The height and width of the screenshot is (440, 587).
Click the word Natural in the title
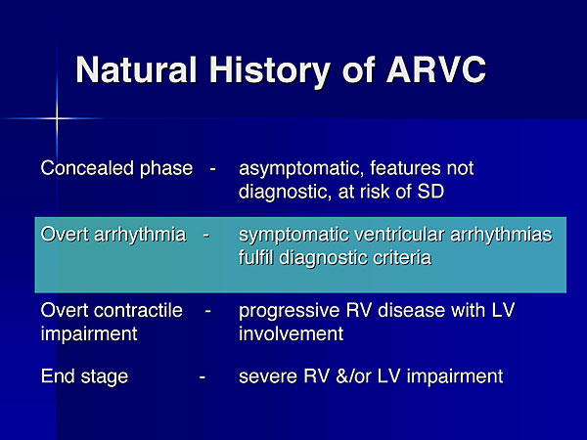pyautogui.click(x=136, y=69)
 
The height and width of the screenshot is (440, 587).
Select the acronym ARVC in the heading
pyautogui.click(x=436, y=69)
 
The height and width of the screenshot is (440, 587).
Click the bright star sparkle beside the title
pyautogui.click(x=57, y=118)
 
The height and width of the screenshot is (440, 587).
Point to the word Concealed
pyautogui.click(x=87, y=168)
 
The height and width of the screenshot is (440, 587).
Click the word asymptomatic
pyautogui.click(x=301, y=169)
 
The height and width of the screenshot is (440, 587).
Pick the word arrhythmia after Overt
pyautogui.click(x=140, y=236)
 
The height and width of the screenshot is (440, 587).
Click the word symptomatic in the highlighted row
pyautogui.click(x=293, y=236)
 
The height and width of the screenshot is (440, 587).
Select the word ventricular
pyautogui.click(x=399, y=235)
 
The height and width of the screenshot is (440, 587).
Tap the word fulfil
pyautogui.click(x=256, y=258)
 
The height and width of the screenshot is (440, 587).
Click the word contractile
pyautogui.click(x=138, y=310)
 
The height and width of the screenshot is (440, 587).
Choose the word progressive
pyautogui.click(x=290, y=312)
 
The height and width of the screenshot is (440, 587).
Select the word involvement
pyautogui.click(x=291, y=333)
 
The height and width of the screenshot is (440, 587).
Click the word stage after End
pyautogui.click(x=105, y=377)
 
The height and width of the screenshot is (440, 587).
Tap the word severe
pyautogui.click(x=268, y=377)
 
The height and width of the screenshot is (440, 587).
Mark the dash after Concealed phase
pyautogui.click(x=212, y=169)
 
